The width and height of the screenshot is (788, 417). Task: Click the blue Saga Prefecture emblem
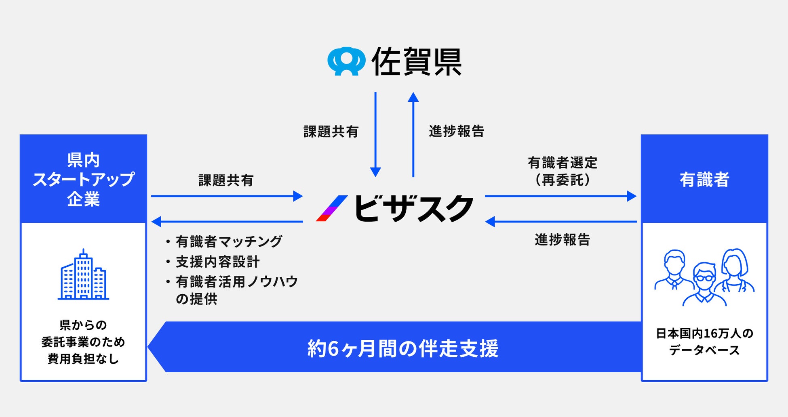point(346,61)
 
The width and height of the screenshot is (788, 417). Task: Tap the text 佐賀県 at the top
point(417,62)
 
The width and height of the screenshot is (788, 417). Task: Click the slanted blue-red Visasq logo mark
point(332,208)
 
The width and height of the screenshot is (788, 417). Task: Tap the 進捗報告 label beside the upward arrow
point(456,131)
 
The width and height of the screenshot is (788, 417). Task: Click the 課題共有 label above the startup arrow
point(226,180)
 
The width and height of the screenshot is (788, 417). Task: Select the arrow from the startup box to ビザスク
point(227,196)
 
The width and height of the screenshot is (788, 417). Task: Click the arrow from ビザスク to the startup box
point(227,221)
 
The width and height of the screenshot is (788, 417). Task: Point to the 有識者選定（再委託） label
point(562,172)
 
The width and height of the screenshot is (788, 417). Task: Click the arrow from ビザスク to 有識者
point(560,196)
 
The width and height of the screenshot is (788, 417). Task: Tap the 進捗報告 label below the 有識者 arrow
point(562,240)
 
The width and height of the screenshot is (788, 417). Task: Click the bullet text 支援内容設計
point(217,262)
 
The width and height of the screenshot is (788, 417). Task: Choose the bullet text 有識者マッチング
point(228,242)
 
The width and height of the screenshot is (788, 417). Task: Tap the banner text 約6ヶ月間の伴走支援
point(403,348)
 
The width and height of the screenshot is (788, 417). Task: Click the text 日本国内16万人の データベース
point(704,342)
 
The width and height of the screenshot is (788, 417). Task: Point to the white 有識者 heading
point(704,180)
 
